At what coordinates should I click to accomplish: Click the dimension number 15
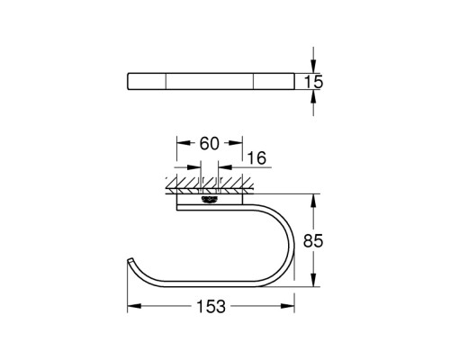tap(313, 82)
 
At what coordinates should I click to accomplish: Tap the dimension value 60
tap(210, 143)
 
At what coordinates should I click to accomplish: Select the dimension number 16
tap(256, 157)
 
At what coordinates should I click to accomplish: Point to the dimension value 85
tap(313, 240)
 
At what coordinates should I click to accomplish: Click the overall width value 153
tap(211, 307)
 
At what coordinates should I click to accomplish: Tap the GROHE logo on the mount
tap(209, 199)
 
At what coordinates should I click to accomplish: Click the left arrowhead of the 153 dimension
tap(134, 306)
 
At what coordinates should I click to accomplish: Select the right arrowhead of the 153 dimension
tap(288, 306)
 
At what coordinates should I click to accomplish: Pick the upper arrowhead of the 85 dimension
tap(313, 201)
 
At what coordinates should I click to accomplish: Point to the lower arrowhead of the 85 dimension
tap(313, 280)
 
